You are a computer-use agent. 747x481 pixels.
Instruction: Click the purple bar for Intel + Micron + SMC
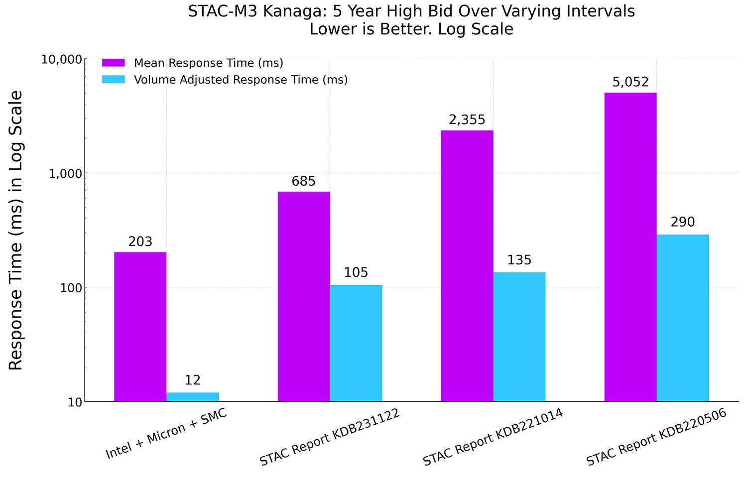[140, 327]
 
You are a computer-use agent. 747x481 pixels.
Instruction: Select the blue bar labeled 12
[192, 397]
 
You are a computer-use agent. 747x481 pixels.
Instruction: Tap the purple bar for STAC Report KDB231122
[303, 296]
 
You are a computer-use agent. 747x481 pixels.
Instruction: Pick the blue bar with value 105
[356, 343]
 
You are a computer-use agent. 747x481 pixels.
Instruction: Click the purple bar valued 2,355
[467, 266]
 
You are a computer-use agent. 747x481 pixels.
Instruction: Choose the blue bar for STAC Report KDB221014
[519, 337]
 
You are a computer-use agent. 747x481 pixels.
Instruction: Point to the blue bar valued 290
[682, 318]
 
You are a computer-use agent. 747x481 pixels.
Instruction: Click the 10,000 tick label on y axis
[61, 60]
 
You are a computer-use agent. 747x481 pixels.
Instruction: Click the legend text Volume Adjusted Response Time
[241, 80]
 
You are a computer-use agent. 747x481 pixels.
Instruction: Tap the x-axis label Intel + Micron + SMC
[166, 434]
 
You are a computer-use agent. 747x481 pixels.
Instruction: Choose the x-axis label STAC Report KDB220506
[656, 437]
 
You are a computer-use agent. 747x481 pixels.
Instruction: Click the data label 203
[140, 242]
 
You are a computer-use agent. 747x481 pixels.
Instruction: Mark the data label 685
[303, 182]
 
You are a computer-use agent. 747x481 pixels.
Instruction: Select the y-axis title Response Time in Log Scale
[16, 230]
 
